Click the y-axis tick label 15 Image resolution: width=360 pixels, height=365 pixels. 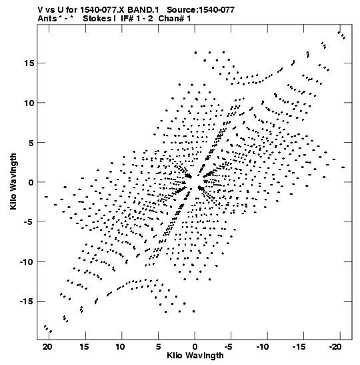tap(29, 63)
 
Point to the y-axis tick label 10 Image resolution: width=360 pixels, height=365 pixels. tap(29, 103)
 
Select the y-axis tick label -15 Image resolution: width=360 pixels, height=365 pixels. tap(27, 302)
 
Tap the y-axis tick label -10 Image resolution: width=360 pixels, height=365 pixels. tap(27, 262)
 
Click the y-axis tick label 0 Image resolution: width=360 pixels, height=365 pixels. tap(31, 182)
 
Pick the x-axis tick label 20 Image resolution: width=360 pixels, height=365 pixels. tap(47, 347)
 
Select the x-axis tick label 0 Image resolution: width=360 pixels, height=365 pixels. tap(195, 347)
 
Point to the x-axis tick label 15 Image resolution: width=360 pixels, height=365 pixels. tap(84, 347)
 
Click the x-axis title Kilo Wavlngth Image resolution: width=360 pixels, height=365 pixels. tap(195, 356)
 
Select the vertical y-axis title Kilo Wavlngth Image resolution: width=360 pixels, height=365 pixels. tap(13, 181)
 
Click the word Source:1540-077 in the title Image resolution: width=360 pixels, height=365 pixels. tap(201, 10)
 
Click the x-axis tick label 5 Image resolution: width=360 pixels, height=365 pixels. tap(158, 347)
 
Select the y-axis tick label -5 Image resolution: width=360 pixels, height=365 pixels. tap(29, 222)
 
